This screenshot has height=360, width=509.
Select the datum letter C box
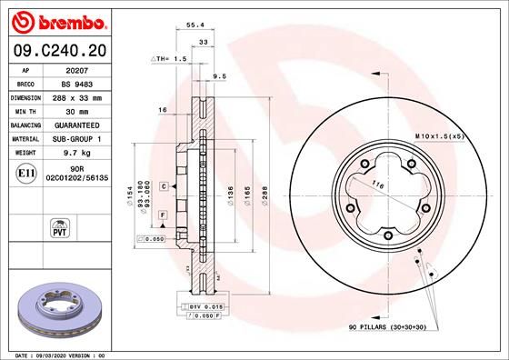[163, 185]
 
